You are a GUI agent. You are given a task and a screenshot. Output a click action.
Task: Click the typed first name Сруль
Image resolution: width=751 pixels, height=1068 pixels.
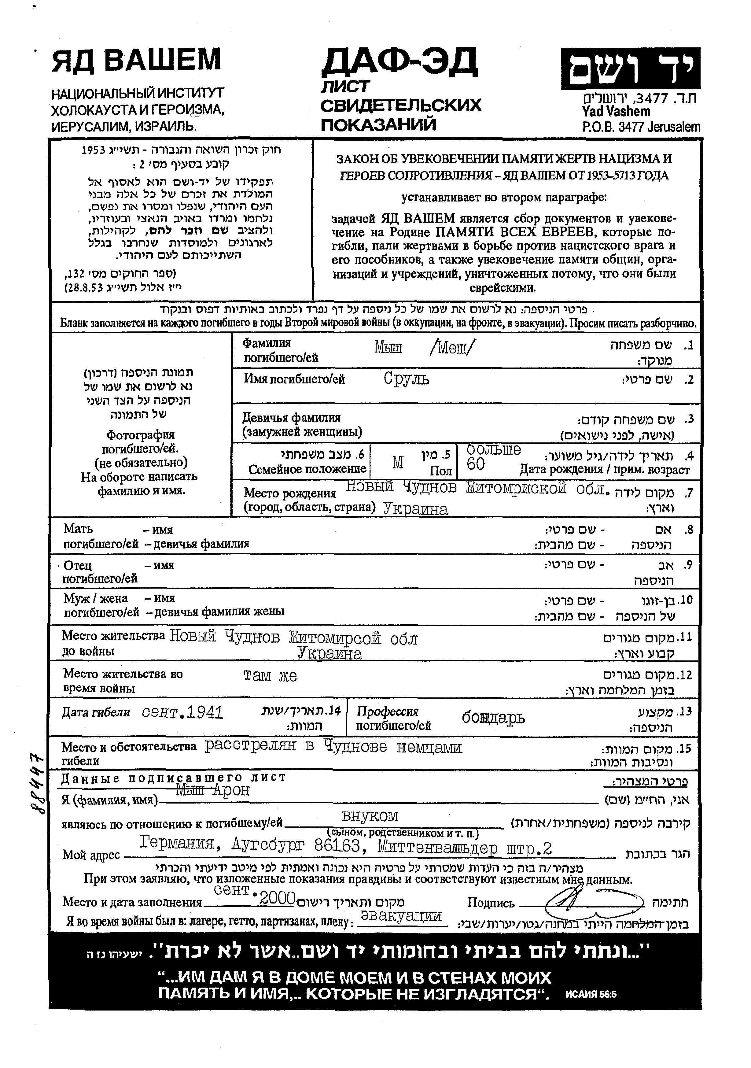pos(406,379)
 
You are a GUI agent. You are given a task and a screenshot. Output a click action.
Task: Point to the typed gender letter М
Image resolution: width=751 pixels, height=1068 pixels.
pos(398,462)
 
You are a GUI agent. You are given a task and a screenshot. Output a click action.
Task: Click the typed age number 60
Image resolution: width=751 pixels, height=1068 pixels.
pos(475,464)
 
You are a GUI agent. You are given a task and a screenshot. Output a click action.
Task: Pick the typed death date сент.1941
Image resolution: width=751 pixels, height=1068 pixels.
pos(182,712)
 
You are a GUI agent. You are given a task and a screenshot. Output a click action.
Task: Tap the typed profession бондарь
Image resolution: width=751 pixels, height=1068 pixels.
pos(493,717)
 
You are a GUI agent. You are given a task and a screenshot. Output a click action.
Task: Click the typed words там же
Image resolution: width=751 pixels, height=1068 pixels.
pos(270,675)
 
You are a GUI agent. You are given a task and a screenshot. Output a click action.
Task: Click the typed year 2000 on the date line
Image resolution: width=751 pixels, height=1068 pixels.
pos(278,897)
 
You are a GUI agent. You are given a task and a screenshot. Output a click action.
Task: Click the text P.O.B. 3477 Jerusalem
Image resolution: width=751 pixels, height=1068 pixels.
pos(641,127)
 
